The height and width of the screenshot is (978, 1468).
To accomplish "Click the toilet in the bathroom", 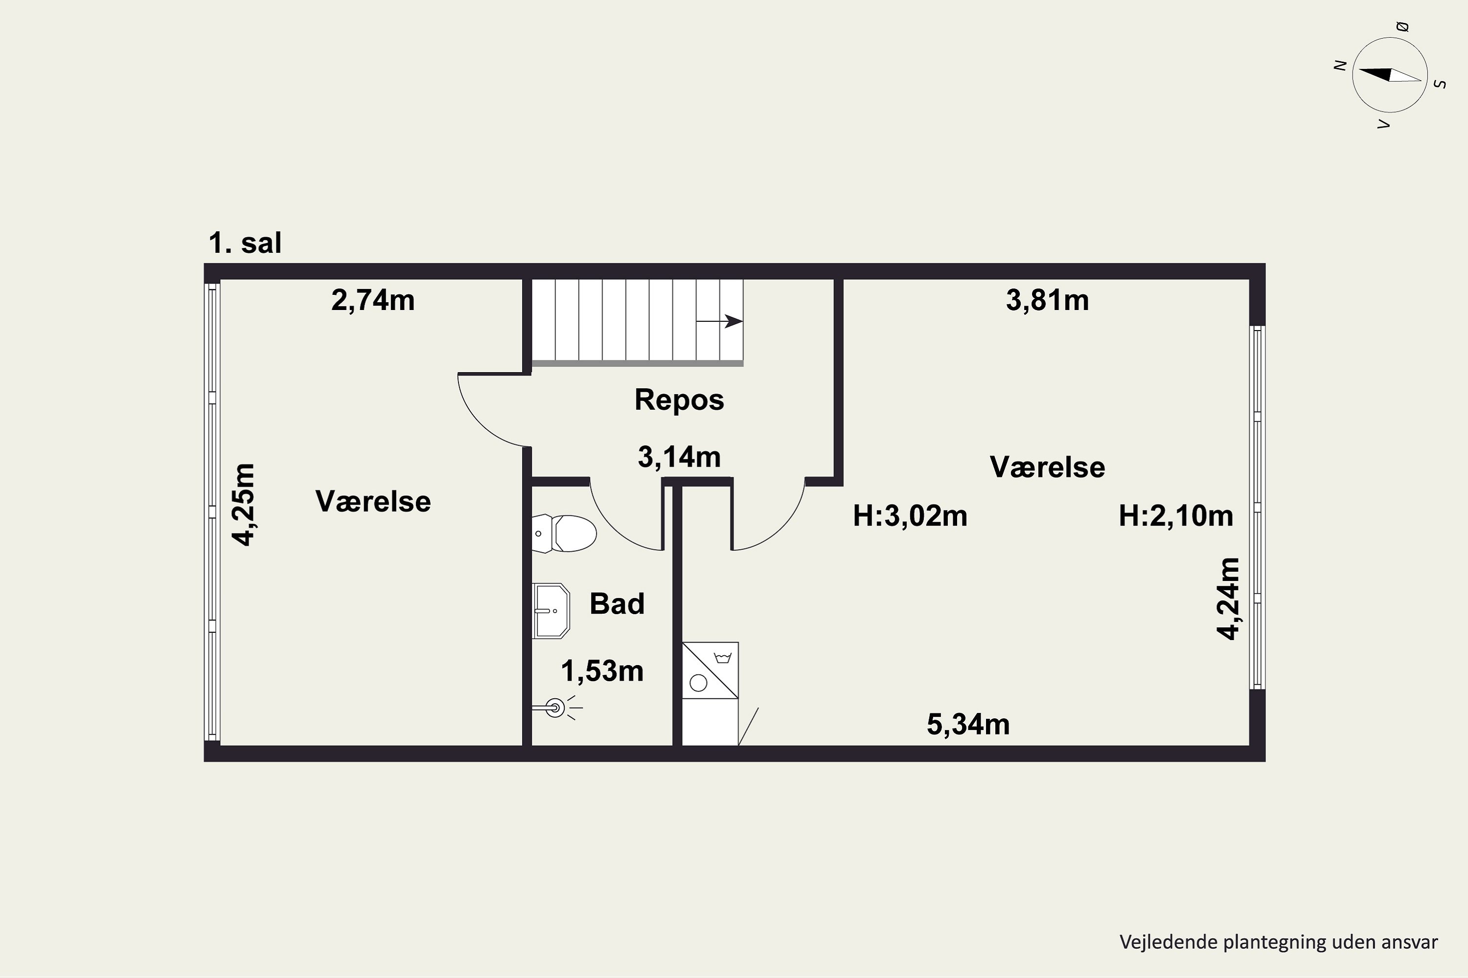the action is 564,533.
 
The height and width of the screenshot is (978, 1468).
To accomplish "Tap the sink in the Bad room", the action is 550,611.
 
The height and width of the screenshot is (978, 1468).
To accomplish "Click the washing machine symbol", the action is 711,670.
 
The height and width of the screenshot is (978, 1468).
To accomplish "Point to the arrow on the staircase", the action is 720,322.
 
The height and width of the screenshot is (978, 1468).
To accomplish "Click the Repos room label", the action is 679,400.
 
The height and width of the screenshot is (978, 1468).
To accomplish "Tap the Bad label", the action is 617,604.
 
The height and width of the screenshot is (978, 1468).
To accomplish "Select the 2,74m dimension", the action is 372,301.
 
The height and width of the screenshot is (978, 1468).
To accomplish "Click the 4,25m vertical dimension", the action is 244,505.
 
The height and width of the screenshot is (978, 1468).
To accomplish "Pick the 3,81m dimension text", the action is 1047,301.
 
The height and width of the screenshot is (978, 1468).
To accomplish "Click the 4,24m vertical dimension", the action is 1228,599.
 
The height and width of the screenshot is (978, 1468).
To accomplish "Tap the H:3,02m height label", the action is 910,516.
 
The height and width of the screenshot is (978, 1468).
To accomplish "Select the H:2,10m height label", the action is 1176,516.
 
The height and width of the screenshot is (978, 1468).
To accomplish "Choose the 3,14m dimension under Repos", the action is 679,458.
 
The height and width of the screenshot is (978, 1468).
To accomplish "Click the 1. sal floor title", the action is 245,243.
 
